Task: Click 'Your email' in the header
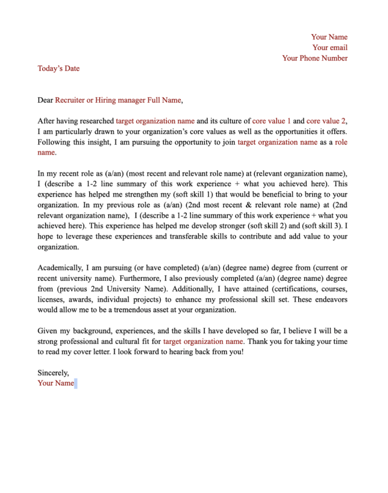point(330,47)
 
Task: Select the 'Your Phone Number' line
point(314,58)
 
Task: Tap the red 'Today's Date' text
point(58,69)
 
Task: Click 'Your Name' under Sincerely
point(55,383)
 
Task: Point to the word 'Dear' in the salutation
point(45,100)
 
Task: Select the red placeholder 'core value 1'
point(271,121)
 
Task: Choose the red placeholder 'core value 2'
point(326,121)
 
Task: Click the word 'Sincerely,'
point(53,373)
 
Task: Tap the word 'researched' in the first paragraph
point(96,121)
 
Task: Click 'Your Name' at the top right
point(329,37)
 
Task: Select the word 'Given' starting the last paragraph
point(48,331)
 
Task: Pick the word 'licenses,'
point(53,299)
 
